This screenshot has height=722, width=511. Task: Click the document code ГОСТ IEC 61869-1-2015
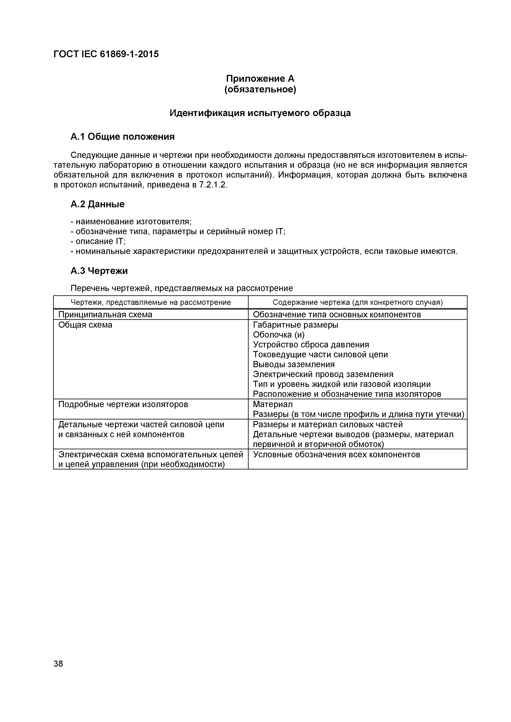point(106,54)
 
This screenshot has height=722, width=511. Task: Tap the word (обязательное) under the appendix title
point(260,90)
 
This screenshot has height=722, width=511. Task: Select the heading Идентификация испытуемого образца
point(260,113)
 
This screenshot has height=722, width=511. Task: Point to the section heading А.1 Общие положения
point(122,137)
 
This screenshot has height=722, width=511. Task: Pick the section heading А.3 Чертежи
point(99,271)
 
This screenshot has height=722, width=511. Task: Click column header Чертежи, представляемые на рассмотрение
point(151,303)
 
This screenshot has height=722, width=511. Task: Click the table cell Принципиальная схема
point(105,314)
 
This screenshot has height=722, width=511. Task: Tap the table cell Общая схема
point(85,325)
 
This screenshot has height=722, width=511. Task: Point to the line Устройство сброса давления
point(311,345)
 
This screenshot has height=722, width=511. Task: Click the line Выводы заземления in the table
point(294,364)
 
